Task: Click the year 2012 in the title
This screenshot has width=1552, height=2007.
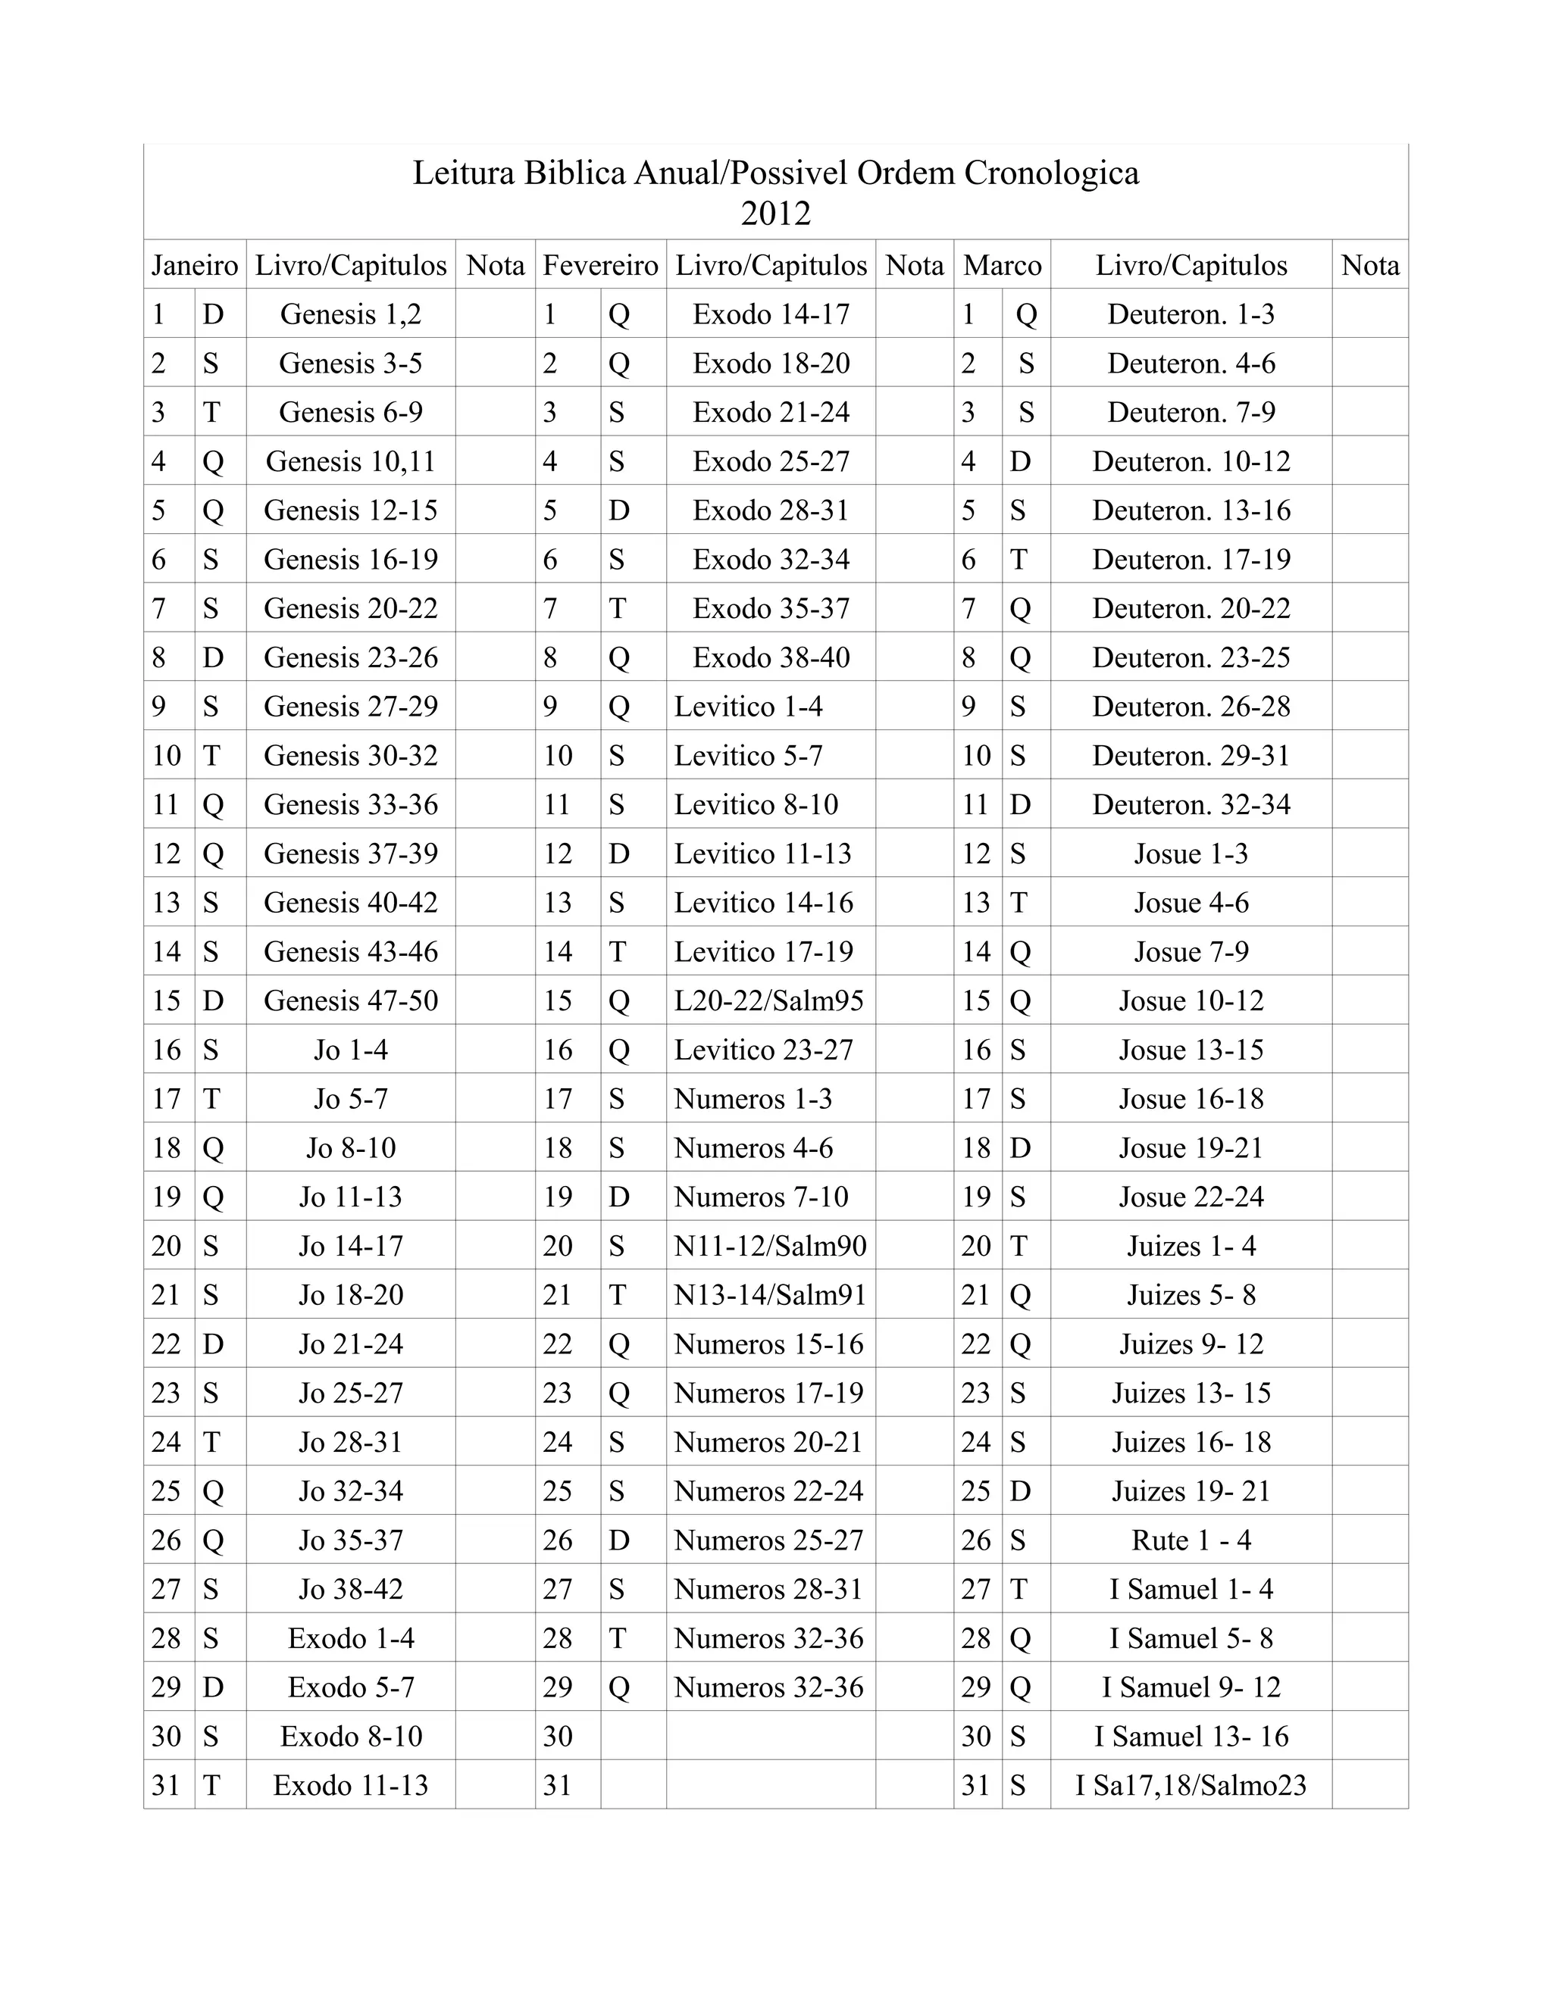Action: click(x=775, y=214)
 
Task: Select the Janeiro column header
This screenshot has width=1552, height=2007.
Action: click(x=195, y=266)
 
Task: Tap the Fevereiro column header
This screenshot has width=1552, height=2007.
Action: click(x=600, y=266)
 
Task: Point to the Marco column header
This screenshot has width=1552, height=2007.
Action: click(x=1002, y=266)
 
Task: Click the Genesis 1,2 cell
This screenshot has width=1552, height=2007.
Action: click(x=350, y=314)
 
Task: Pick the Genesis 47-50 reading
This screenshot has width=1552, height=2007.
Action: click(x=350, y=1000)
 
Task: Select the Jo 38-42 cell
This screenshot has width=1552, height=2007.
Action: click(x=350, y=1589)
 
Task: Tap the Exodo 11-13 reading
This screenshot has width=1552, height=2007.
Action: click(x=350, y=1784)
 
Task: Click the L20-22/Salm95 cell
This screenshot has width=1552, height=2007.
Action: click(x=768, y=1000)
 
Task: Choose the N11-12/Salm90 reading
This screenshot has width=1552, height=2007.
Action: click(x=770, y=1246)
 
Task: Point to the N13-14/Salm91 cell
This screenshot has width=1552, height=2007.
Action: click(x=770, y=1295)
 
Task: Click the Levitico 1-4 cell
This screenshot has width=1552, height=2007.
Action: click(x=749, y=707)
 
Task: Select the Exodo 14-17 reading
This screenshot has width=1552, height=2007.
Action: click(x=771, y=314)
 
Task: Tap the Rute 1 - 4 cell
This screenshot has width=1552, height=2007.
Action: click(x=1191, y=1540)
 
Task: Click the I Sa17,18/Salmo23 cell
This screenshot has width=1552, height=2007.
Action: click(x=1191, y=1784)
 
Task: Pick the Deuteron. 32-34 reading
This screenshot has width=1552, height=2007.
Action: click(x=1191, y=805)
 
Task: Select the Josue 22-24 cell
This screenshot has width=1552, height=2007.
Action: click(x=1191, y=1197)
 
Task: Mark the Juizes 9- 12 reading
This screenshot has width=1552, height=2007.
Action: click(x=1191, y=1344)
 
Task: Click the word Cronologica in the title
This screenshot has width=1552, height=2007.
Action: click(x=1051, y=173)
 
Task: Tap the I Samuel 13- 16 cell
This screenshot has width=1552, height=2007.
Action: click(x=1191, y=1736)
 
